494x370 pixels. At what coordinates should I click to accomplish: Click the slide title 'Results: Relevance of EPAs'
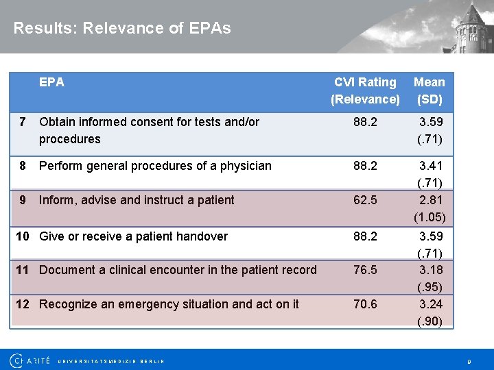[x=122, y=28]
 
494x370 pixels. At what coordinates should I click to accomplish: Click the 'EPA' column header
[x=51, y=82]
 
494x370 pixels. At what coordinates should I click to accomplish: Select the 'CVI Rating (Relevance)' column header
[x=365, y=90]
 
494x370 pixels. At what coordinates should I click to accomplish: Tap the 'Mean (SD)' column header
[x=430, y=90]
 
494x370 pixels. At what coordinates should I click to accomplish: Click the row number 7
[x=23, y=122]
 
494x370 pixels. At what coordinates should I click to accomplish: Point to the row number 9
[x=23, y=200]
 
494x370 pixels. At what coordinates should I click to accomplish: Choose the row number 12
[x=23, y=304]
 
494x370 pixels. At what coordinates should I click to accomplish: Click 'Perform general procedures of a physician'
[x=155, y=166]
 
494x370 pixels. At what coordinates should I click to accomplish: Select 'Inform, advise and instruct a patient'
[x=137, y=200]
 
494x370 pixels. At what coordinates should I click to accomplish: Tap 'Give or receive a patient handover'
[x=133, y=236]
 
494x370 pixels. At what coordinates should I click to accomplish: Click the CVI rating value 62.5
[x=365, y=200]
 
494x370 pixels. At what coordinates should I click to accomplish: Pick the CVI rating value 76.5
[x=365, y=270]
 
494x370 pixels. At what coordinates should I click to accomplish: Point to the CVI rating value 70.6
[x=365, y=304]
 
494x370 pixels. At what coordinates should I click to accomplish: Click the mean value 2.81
[x=430, y=200]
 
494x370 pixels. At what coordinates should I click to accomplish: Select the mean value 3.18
[x=430, y=270]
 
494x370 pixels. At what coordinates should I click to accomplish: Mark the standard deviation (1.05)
[x=430, y=218]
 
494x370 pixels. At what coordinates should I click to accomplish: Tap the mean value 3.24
[x=430, y=304]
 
